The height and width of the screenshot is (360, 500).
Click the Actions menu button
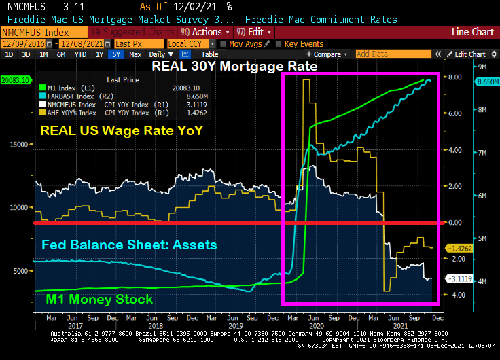click(205, 32)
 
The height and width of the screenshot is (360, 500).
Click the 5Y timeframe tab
click(117, 54)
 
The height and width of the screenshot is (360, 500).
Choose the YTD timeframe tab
click(80, 54)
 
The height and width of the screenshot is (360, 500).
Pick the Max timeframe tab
click(135, 54)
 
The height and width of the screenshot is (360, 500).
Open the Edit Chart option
click(469, 54)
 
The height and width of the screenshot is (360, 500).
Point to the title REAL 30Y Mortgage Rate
click(234, 67)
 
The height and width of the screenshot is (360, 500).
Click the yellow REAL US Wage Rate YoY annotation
click(122, 131)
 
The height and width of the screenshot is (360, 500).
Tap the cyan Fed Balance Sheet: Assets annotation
click(128, 245)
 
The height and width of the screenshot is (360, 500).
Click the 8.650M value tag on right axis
click(484, 81)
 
